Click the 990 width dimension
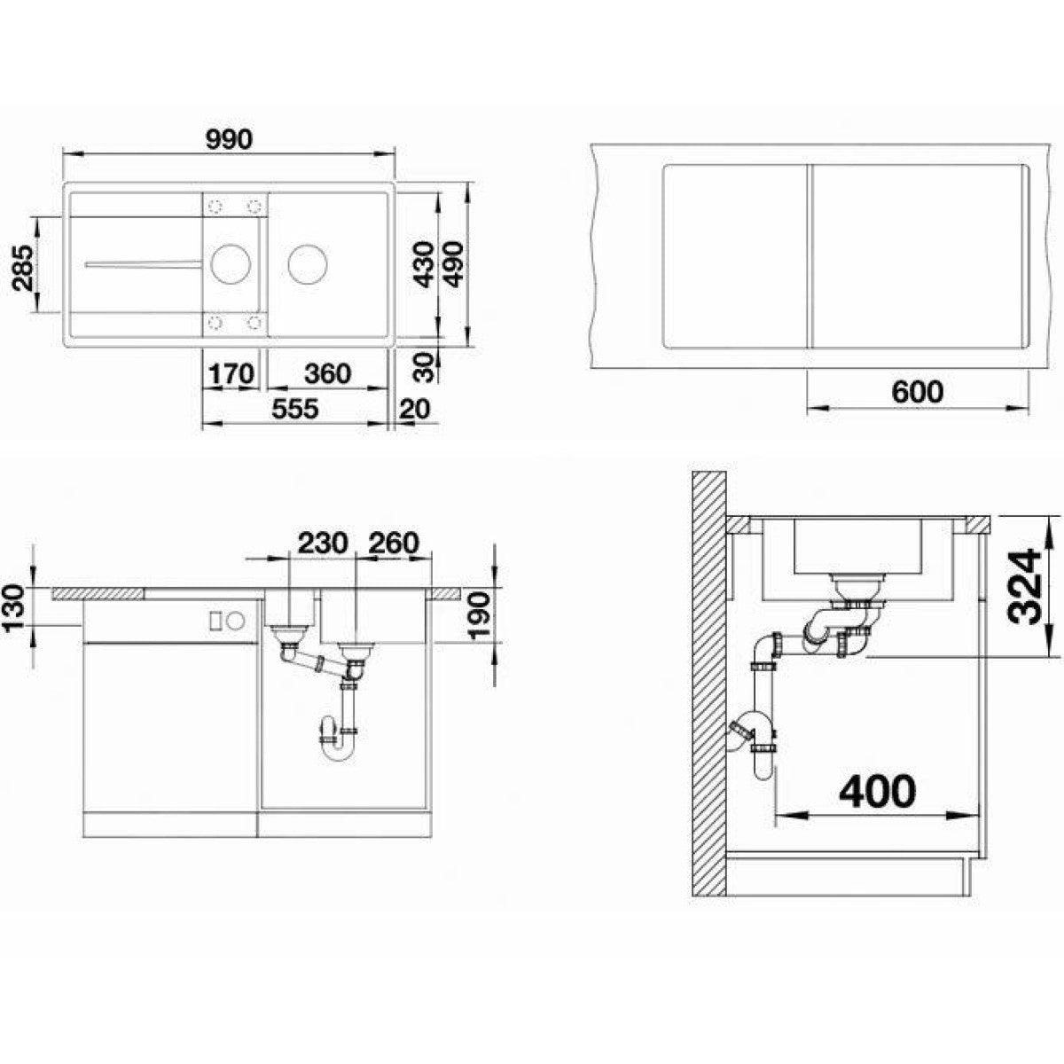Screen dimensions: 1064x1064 tap(229, 140)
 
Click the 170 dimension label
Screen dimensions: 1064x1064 tap(231, 374)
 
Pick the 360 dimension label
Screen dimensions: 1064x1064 tap(328, 374)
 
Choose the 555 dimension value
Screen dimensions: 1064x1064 tap(295, 409)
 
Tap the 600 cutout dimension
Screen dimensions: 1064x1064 tap(918, 392)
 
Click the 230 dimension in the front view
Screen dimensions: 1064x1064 tap(323, 543)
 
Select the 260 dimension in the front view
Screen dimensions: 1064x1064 tap(393, 543)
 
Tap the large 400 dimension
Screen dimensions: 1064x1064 tap(878, 793)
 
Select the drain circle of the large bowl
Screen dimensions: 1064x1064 tap(308, 263)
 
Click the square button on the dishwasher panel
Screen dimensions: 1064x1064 tap(215, 620)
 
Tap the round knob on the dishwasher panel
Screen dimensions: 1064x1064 tap(236, 620)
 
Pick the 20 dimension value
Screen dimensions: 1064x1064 tap(415, 409)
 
